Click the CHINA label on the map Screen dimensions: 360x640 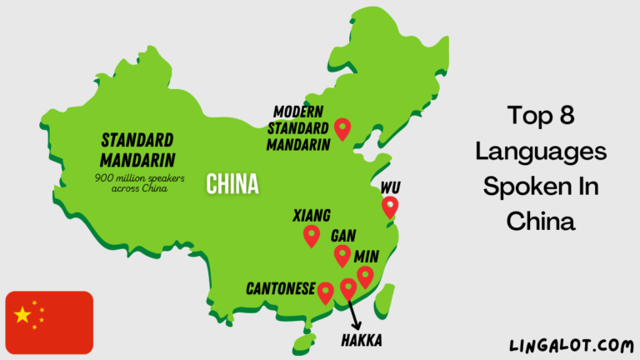click(232, 182)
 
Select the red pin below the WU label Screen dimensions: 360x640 click(389, 206)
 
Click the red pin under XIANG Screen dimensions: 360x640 click(312, 236)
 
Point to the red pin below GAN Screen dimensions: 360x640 click(342, 255)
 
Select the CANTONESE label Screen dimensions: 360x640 click(281, 289)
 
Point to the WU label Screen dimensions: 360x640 click(389, 186)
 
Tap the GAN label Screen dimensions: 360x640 click(344, 236)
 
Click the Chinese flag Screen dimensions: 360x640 click(49, 322)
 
